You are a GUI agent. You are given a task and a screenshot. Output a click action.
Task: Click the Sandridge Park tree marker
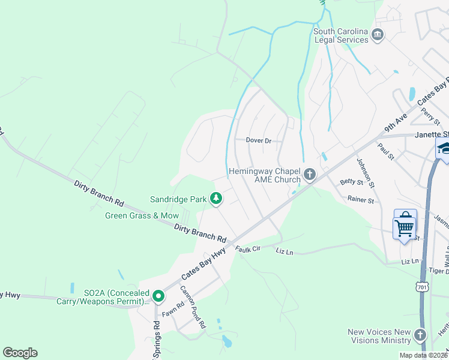[215, 198]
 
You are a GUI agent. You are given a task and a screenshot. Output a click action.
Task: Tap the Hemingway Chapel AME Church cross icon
[310, 175]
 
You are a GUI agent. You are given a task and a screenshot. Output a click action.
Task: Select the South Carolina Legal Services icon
[378, 35]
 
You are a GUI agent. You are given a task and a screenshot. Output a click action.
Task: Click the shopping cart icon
[405, 225]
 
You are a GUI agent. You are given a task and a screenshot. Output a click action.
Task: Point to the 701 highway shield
[423, 288]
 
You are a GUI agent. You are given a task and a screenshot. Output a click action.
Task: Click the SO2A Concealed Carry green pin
[158, 296]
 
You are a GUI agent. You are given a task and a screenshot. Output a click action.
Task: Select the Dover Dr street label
[259, 140]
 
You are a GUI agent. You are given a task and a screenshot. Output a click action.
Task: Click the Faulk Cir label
[247, 248]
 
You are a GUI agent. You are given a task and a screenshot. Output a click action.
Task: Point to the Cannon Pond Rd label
[193, 307]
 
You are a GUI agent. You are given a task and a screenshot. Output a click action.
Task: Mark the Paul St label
[385, 152]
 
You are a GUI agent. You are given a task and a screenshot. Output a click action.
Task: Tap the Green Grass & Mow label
[142, 215]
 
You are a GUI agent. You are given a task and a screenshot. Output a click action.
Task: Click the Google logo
[20, 353]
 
